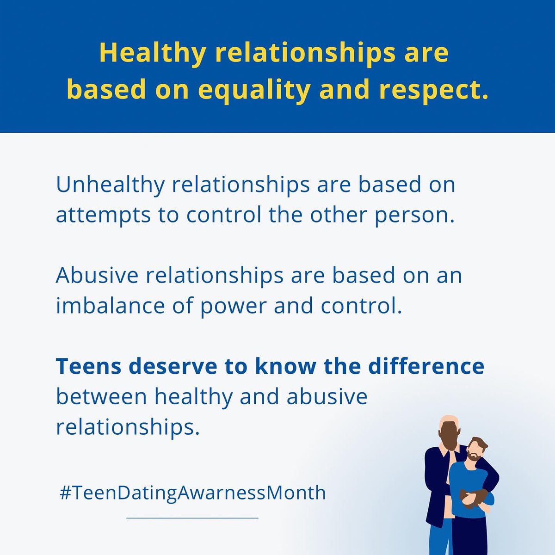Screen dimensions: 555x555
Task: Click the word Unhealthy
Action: point(110,185)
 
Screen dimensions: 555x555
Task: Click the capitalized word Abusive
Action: point(97,275)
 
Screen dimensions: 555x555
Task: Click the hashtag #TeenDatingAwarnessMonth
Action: point(193,493)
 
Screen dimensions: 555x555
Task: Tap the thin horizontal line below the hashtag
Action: point(192,518)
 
